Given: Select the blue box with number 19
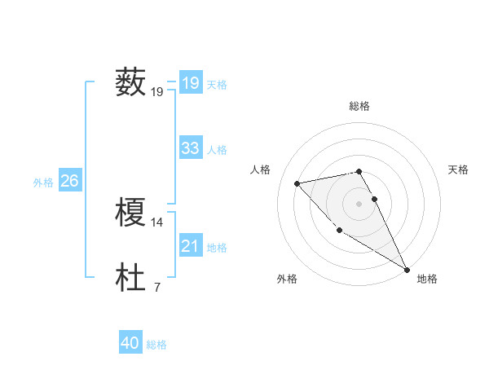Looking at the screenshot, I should coord(190,82).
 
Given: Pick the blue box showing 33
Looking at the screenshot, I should coord(190,148).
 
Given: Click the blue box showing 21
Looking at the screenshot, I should coord(190,246).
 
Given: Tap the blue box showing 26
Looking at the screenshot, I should coord(69,181).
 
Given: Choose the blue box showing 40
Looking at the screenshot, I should coord(130,344).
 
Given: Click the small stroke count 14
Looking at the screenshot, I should coord(157,222).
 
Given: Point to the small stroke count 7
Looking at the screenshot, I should coord(156,287).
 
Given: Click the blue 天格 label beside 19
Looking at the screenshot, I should coord(217,84).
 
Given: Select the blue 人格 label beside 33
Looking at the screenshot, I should coord(217,150).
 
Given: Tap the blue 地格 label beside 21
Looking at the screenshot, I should coord(217,248).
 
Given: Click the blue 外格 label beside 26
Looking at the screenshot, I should coord(43,183).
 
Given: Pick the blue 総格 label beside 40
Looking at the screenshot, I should coord(156,346).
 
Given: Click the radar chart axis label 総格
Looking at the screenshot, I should coord(359,106).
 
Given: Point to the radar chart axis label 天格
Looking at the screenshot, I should coord(458,169).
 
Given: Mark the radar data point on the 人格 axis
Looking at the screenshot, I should coord(297,183).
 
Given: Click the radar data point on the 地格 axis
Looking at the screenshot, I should coord(407,269).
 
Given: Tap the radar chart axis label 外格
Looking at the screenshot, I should coord(287,279).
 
